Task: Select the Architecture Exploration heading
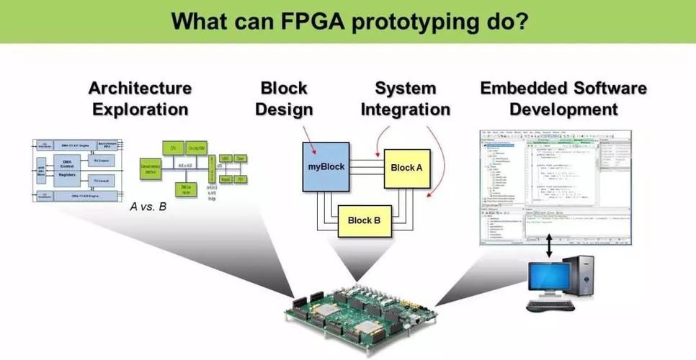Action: click(140, 99)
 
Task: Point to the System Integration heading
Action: click(405, 99)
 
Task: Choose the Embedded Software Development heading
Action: click(563, 99)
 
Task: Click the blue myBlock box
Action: click(326, 166)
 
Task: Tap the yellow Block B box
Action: click(364, 220)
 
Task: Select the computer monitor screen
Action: click(551, 277)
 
